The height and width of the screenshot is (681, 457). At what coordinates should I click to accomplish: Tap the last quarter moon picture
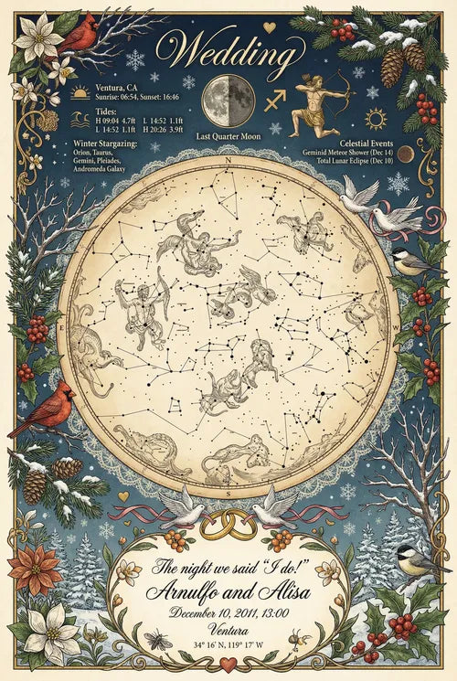[228, 100]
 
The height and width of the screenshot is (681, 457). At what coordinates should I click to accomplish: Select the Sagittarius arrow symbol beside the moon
[274, 100]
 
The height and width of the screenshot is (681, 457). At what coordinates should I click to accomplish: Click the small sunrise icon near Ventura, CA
[80, 92]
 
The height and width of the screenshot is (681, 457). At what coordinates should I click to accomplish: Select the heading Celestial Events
[365, 144]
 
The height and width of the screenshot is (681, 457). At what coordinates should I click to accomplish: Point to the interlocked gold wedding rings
[228, 524]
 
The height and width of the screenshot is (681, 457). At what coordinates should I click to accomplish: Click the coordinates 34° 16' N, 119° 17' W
[229, 645]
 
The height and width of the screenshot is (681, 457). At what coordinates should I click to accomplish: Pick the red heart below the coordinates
[228, 664]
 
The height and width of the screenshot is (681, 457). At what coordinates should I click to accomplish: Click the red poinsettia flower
[34, 569]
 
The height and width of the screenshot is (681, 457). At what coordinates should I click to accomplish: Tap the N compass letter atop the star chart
[228, 159]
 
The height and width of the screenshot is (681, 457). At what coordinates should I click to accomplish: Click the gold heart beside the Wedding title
[269, 27]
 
